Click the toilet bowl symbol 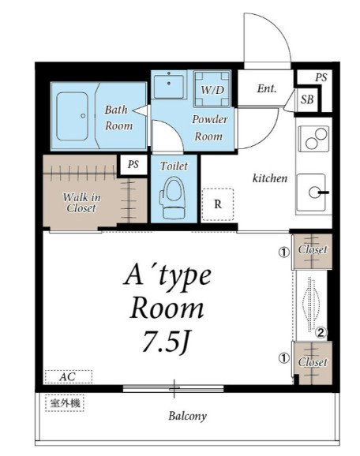point(172,198)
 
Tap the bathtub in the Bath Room point(72,116)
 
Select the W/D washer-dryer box point(212,89)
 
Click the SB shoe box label point(307,99)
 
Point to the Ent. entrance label point(267,88)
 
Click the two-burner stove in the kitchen point(313,138)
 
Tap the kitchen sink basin point(311,192)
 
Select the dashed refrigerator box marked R point(218,204)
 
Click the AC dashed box point(69,376)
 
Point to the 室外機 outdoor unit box point(65,403)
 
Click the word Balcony point(187,416)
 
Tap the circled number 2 point(321,332)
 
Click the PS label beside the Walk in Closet point(133,164)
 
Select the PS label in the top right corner point(321,77)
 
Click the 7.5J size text point(166,342)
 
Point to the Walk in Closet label point(81,203)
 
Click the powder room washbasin point(169,86)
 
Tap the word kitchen point(270,178)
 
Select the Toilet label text point(174,166)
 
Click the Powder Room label point(209,128)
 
